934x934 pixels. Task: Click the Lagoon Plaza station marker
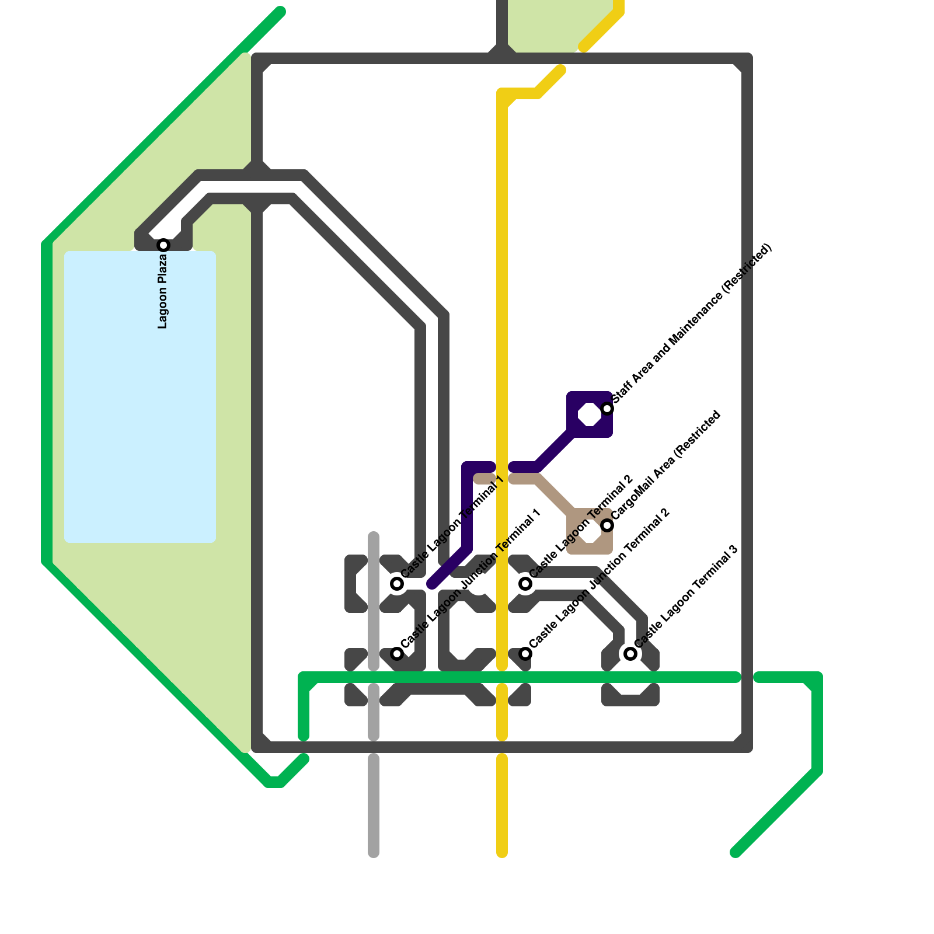coord(163,245)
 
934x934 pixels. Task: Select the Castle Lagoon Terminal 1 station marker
coord(397,583)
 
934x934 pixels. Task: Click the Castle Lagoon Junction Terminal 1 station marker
coord(397,653)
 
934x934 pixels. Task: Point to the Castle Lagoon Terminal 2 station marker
coord(525,583)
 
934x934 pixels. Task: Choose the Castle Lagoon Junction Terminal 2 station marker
coord(525,653)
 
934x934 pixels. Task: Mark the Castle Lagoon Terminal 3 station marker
coord(630,653)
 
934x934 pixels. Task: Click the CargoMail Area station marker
coord(607,525)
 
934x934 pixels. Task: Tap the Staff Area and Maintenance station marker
coord(607,408)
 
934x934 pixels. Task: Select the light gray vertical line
coord(374,806)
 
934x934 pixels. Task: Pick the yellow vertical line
coord(502,292)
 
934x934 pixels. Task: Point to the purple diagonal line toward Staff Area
coord(555,449)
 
